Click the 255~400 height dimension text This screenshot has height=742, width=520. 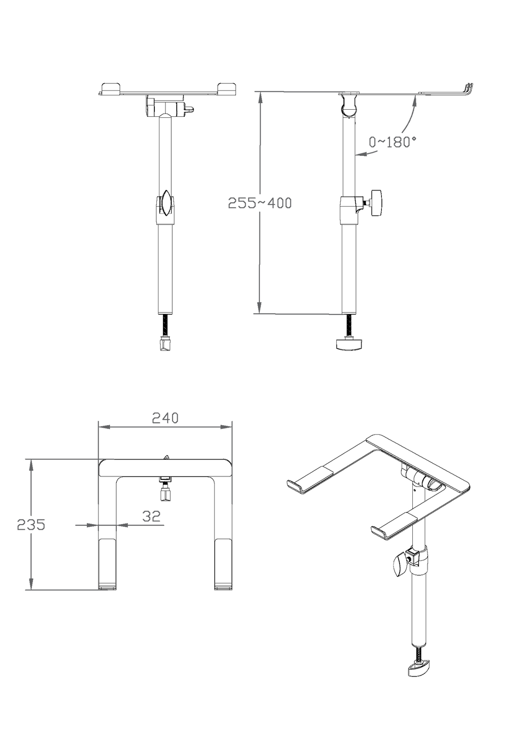click(x=259, y=203)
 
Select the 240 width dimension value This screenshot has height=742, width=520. click(x=165, y=417)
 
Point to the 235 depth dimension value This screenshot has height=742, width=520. click(x=31, y=524)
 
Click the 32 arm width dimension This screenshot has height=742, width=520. click(x=151, y=516)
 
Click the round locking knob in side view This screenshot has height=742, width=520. click(x=376, y=203)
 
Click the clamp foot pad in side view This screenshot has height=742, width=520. click(x=348, y=344)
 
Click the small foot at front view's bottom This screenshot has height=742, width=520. click(x=165, y=344)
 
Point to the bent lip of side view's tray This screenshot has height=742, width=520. click(x=468, y=88)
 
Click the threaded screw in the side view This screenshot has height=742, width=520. click(x=349, y=325)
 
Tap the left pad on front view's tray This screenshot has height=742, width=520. click(x=111, y=88)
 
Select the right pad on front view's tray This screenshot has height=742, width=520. click(x=227, y=88)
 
